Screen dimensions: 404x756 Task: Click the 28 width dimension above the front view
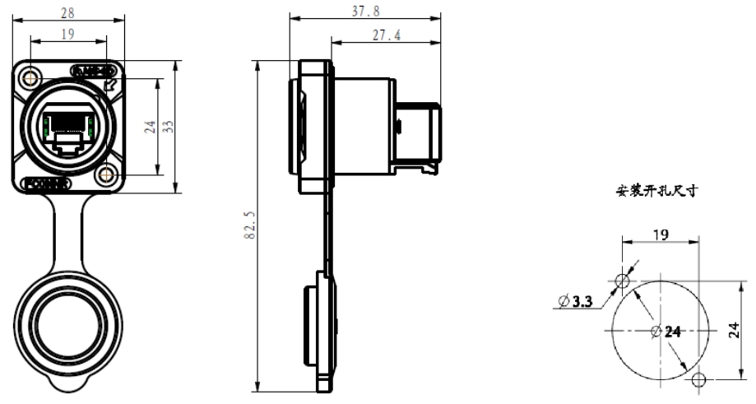click(69, 12)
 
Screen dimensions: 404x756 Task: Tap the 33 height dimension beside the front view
click(168, 127)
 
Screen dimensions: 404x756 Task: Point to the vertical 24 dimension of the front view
click(149, 127)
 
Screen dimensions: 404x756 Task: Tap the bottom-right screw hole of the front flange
click(105, 175)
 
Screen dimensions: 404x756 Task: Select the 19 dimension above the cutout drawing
click(659, 235)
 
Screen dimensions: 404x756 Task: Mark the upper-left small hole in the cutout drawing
click(623, 282)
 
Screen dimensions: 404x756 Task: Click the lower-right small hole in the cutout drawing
click(699, 379)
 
